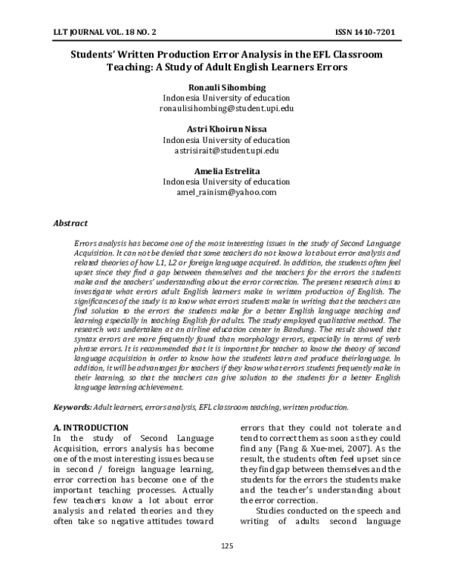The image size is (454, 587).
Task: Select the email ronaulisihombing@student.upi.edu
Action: coord(226,109)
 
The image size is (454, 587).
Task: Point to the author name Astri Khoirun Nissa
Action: coord(226,129)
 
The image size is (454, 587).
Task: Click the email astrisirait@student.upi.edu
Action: coord(226,151)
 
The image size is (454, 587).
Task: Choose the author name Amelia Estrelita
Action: coord(226,171)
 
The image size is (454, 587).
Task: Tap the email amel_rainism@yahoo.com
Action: coord(226,192)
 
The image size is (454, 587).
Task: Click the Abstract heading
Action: coord(70,223)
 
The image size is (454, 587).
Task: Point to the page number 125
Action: coord(226,567)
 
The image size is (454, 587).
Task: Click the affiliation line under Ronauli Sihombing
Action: coord(226,98)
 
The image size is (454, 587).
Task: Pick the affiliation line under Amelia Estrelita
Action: coord(226,182)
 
